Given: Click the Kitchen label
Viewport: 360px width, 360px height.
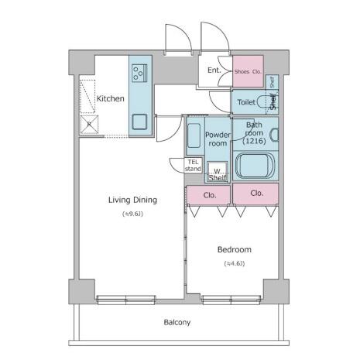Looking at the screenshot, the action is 110,98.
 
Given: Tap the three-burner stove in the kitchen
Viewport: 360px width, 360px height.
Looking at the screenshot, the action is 139,73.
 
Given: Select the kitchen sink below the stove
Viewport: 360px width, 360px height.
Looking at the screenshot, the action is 139,122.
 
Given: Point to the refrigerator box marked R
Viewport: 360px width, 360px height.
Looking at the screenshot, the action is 89,125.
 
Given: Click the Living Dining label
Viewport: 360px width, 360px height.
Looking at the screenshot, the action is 132,200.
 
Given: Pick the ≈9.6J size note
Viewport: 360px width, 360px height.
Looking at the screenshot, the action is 132,214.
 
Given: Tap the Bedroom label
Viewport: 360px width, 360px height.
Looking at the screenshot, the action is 235,249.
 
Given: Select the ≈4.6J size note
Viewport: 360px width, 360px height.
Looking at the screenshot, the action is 235,263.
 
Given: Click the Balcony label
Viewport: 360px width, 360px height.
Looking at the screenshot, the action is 177,322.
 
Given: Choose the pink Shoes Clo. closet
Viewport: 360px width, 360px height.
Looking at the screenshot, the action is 248,71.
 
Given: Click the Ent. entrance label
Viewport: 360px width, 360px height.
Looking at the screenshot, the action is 214,70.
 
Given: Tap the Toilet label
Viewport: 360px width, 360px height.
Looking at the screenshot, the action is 246,102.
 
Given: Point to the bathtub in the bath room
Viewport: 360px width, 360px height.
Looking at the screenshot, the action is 255,165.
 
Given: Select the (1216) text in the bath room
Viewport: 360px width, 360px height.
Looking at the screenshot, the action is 254,141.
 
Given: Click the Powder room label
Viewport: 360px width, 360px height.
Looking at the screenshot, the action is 218,139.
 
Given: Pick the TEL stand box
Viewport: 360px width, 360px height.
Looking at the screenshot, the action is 193,165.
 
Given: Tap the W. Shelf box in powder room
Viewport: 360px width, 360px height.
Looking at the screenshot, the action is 218,172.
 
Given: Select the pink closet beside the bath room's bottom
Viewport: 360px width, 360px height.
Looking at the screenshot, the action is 255,194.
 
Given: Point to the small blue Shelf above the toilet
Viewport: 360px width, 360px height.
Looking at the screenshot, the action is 272,82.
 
